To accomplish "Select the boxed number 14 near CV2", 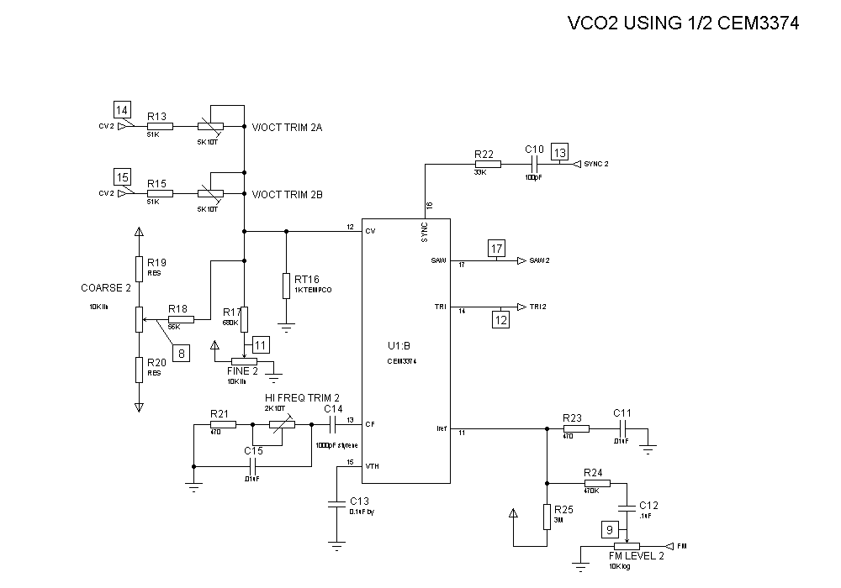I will click(x=123, y=109).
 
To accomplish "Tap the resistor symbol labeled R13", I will click(x=160, y=126).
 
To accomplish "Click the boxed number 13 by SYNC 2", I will click(x=560, y=152).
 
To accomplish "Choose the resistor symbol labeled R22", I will click(x=488, y=165).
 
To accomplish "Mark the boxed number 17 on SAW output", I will click(x=497, y=249).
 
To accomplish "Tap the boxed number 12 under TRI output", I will click(x=501, y=319).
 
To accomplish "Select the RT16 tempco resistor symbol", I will click(x=286, y=285).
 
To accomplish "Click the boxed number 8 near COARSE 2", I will click(x=182, y=354).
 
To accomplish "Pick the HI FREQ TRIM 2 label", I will click(x=302, y=397).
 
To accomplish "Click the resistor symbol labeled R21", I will click(x=223, y=425).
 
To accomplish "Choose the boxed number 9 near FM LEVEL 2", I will click(x=611, y=529).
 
